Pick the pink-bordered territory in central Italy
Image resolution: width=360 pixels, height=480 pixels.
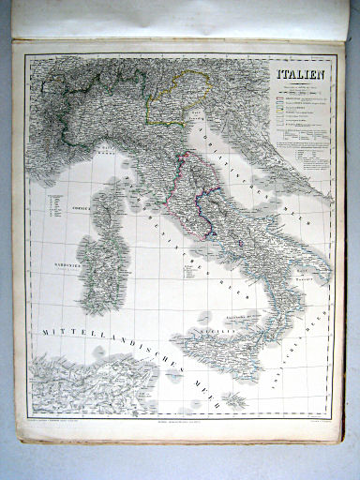[202, 187]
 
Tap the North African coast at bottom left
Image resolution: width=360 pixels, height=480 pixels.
[84, 384]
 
